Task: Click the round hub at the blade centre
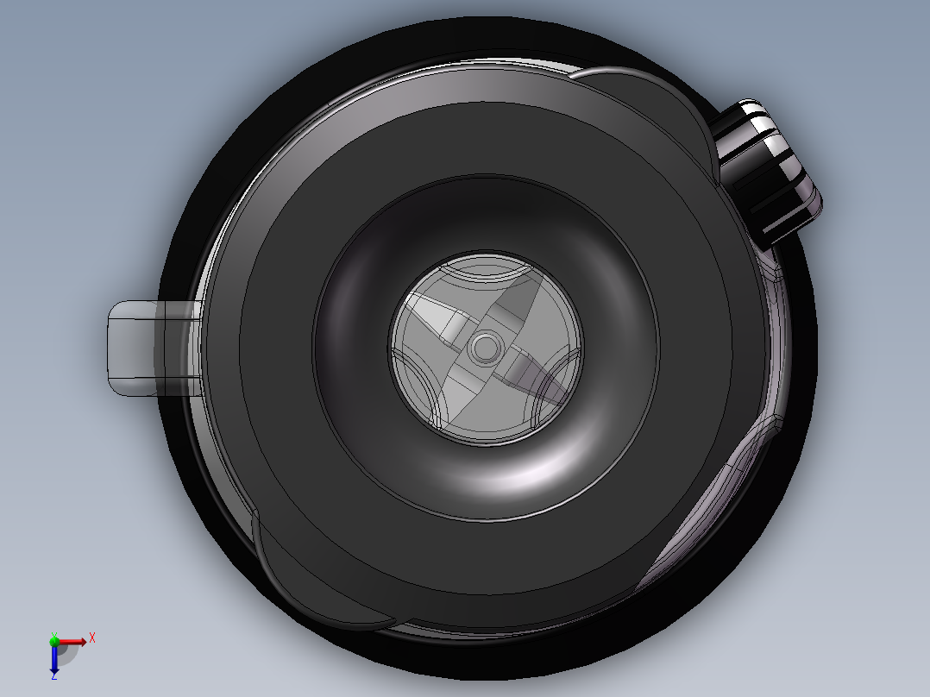pos(485,347)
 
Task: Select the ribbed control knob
pos(765,172)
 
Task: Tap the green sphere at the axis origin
pos(54,641)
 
